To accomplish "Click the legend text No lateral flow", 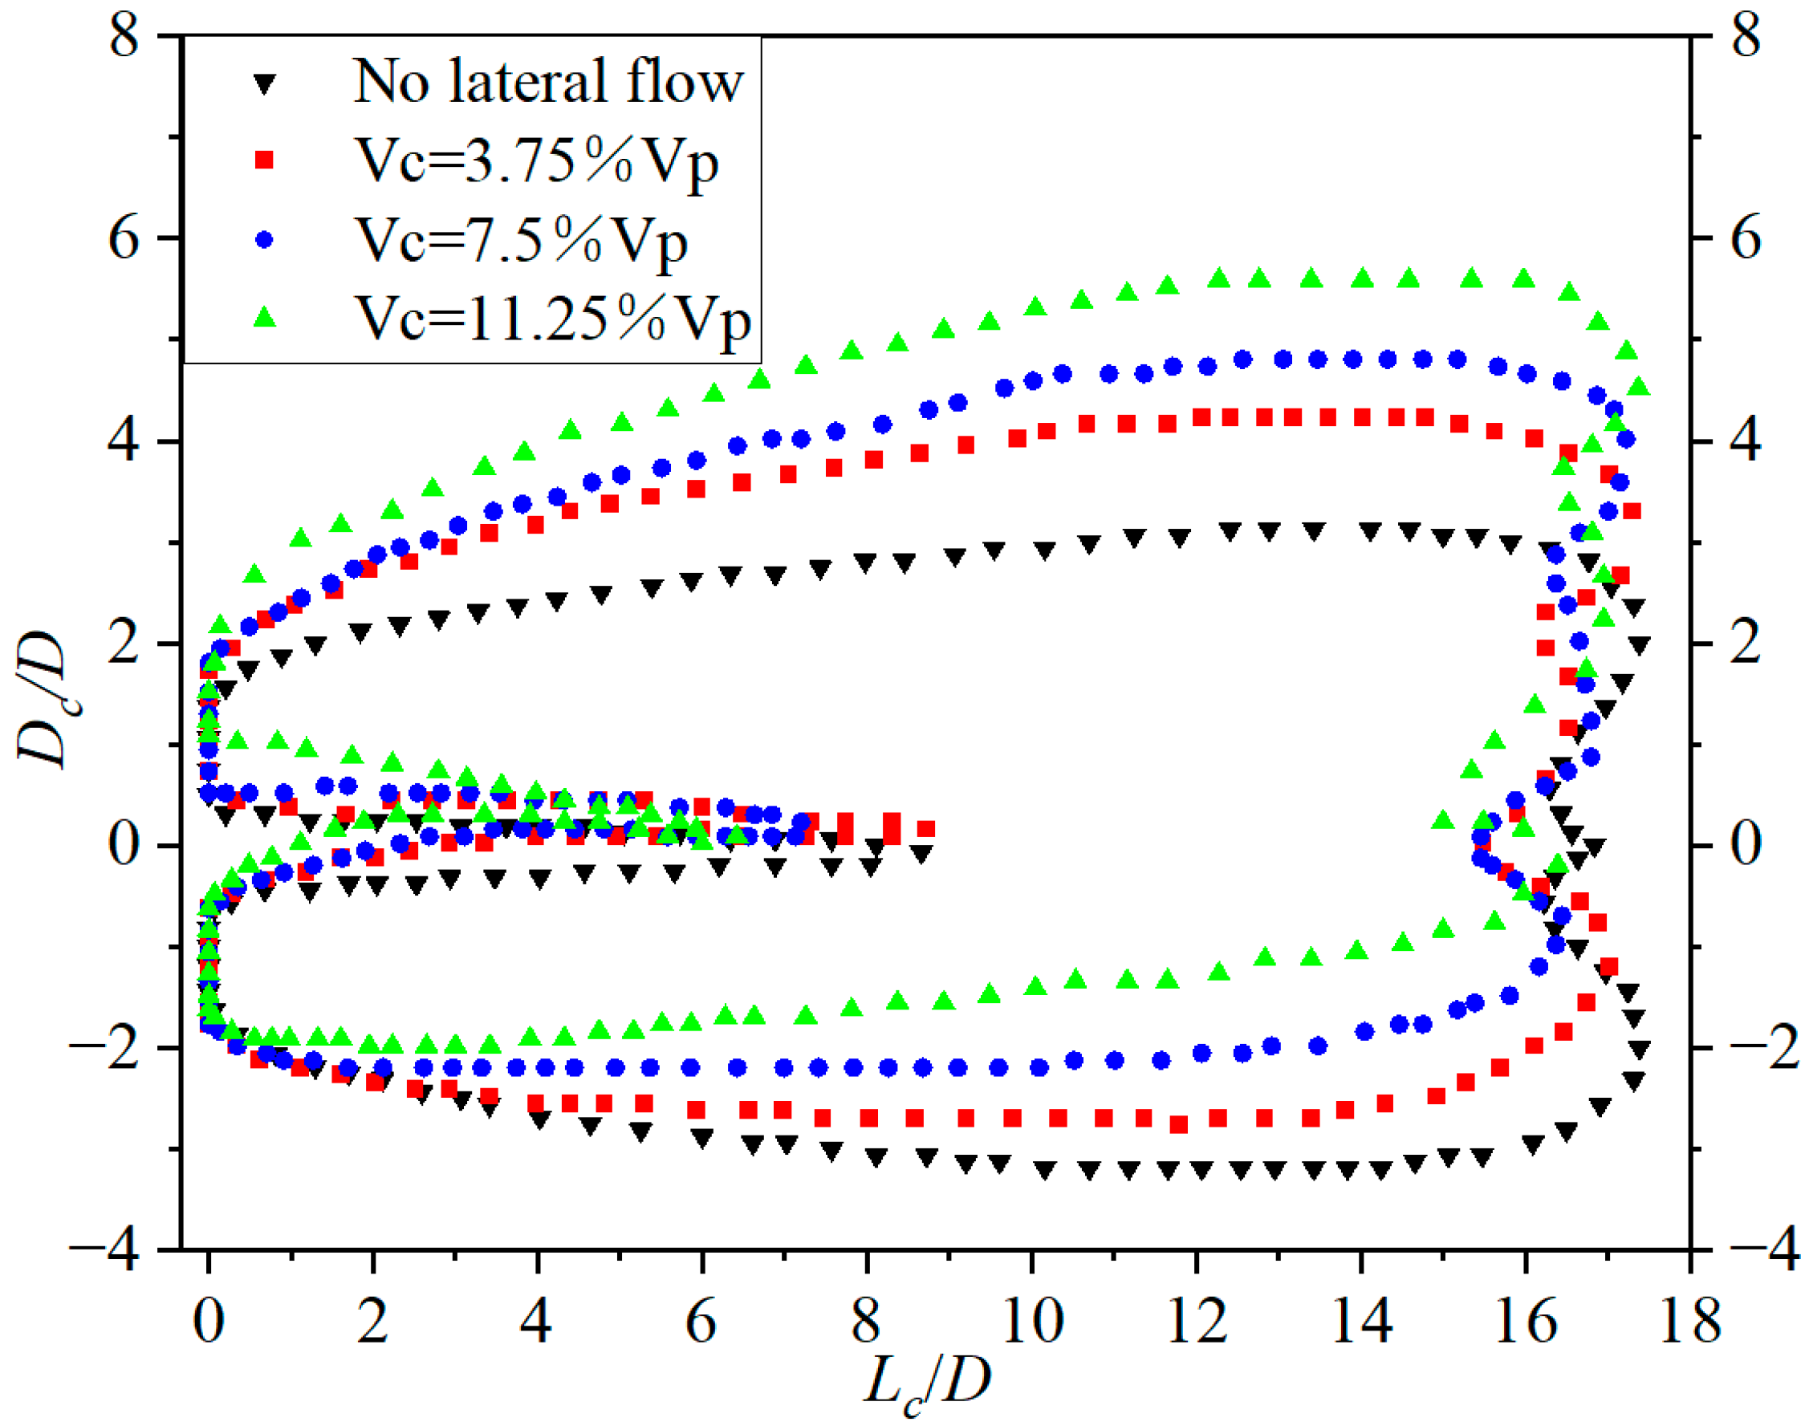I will tap(547, 82).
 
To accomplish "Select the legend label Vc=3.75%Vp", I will tap(536, 162).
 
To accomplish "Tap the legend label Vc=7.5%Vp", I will tap(521, 242).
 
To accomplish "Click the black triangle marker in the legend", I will tap(265, 83).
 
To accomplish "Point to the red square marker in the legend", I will tap(265, 160).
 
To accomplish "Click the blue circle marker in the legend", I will tap(265, 240).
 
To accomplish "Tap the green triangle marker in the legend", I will tap(265, 317).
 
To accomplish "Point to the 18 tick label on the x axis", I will tap(1689, 1322).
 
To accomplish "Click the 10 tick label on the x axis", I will tap(1033, 1322).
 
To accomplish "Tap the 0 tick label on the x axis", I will tap(208, 1322).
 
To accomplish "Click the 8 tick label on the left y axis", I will tap(124, 38).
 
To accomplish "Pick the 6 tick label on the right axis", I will tap(1745, 240).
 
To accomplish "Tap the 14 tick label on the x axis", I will tap(1362, 1322).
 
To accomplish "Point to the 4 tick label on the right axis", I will tap(1745, 441).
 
